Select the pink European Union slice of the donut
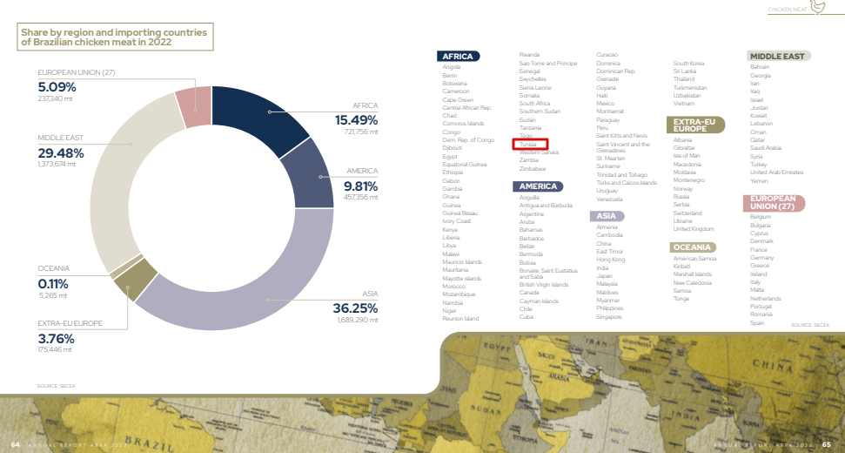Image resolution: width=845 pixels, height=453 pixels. pos(193,99)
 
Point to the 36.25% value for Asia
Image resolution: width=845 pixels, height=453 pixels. pos(354,308)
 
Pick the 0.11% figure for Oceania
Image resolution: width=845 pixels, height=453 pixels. pos(53,283)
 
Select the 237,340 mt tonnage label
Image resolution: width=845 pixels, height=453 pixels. pos(55,98)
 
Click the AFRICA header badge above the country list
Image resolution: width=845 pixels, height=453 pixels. pos(457,57)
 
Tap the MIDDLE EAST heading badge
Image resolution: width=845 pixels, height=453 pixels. pos(777,57)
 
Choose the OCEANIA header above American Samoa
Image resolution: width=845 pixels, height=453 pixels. pos(694,247)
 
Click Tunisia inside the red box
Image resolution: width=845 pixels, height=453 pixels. pos(529,144)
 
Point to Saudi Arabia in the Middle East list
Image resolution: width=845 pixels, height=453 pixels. pos(766,147)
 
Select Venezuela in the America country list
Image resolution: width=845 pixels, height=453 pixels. pos(610,199)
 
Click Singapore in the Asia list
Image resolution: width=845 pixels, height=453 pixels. pos(609,316)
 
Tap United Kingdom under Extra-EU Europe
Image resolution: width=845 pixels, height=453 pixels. pos(694,229)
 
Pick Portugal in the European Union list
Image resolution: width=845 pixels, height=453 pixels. pos(761,307)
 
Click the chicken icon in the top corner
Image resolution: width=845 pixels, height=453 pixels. pos(818,8)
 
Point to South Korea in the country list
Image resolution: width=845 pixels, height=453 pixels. pos(689,63)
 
